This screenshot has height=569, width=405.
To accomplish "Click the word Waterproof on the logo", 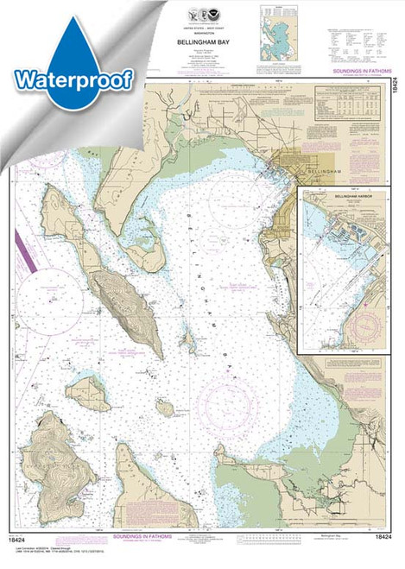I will click(x=73, y=79).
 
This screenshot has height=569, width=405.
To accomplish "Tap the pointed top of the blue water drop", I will click(x=76, y=9).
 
